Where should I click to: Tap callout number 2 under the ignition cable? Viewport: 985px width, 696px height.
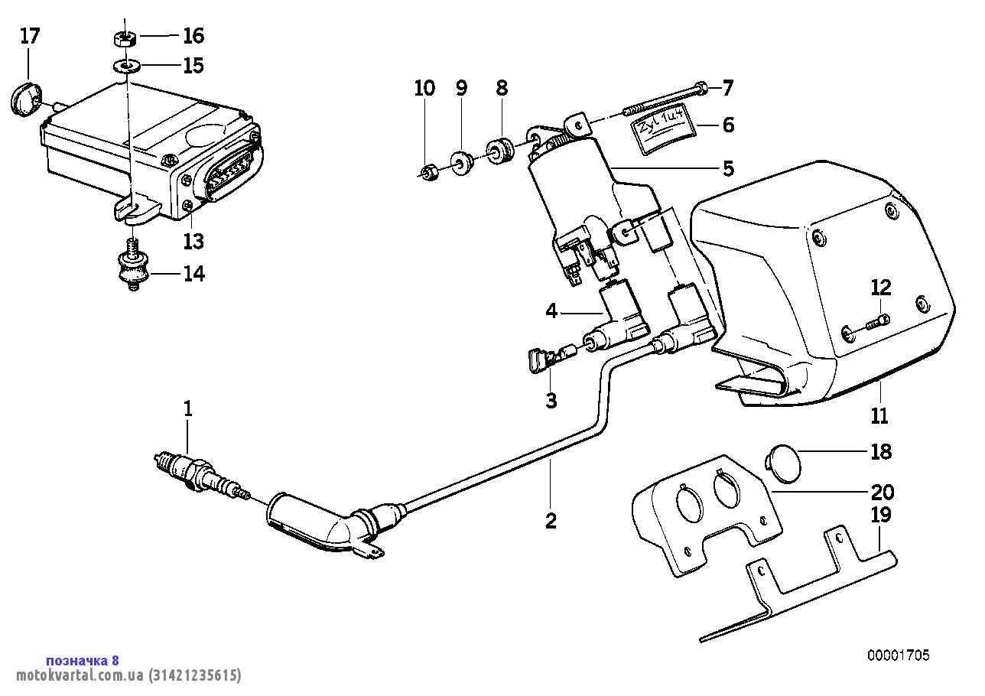pyautogui.click(x=551, y=522)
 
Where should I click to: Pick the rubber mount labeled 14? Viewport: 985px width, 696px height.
pyautogui.click(x=131, y=269)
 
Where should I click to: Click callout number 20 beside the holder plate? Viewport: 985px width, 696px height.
pyautogui.click(x=881, y=492)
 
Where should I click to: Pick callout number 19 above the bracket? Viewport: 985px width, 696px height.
pyautogui.click(x=881, y=515)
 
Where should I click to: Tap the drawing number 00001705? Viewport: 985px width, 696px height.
pyautogui.click(x=898, y=655)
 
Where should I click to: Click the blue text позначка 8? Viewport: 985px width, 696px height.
pyautogui.click(x=83, y=660)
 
